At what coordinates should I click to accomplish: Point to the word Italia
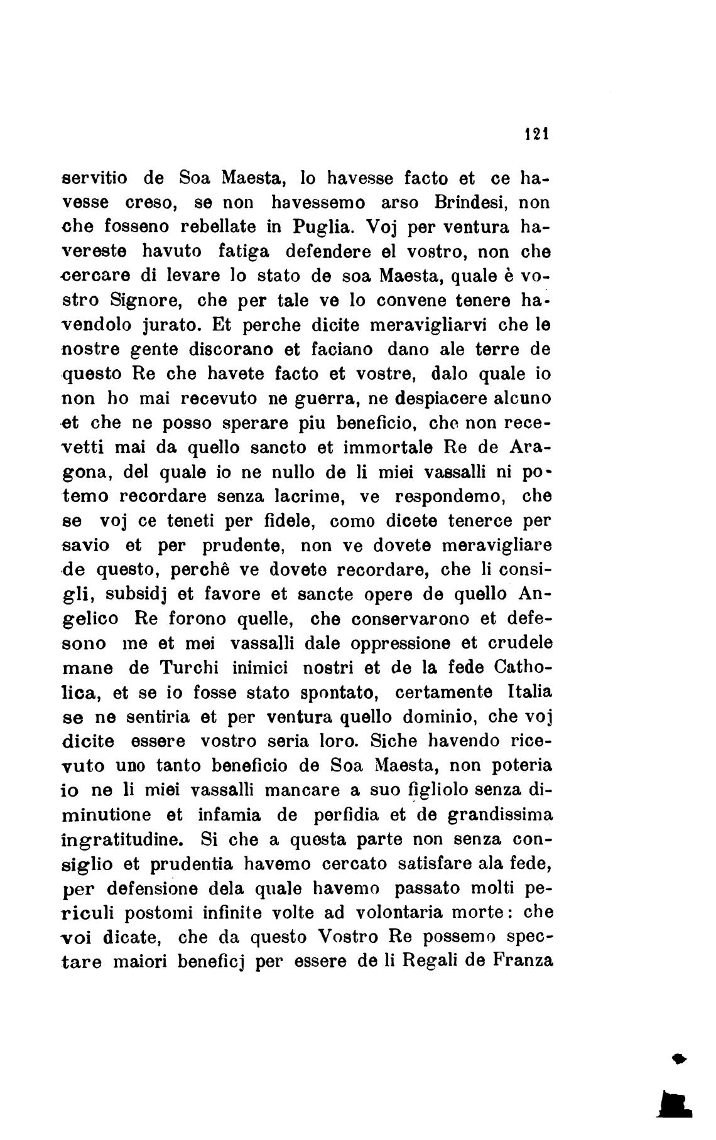click(x=526, y=692)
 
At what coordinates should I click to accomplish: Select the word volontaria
click(x=406, y=912)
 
